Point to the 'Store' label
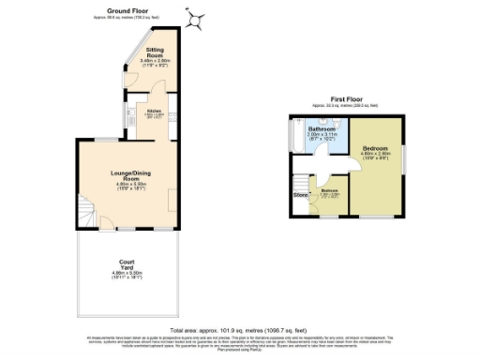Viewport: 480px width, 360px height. coord(301,195)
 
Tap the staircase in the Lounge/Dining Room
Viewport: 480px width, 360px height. coord(85,213)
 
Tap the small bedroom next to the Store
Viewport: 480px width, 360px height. coord(329,195)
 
